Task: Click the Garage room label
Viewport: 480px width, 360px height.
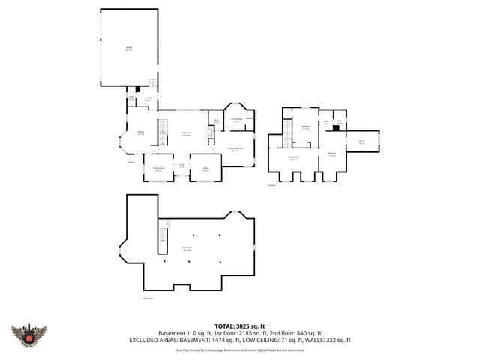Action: tap(129, 48)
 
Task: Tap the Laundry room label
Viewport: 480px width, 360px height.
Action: tap(148, 99)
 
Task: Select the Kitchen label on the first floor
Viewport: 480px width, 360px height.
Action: tap(139, 133)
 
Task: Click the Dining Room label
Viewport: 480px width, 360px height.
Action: tap(158, 169)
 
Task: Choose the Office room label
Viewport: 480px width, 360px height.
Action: tap(205, 169)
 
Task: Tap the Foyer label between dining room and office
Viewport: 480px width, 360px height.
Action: tap(181, 165)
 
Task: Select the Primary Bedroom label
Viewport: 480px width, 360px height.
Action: tap(235, 149)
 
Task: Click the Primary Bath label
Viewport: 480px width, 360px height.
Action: tap(236, 120)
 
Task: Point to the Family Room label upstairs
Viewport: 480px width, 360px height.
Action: tap(293, 158)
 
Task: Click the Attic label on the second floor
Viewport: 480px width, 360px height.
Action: tap(361, 142)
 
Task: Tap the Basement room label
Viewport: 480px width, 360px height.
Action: tap(187, 247)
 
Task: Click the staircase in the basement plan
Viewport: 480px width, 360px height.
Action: tap(160, 241)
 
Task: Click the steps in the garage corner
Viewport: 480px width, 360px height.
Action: tap(152, 82)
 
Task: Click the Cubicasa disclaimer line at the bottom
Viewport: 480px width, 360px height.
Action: tap(240, 349)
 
